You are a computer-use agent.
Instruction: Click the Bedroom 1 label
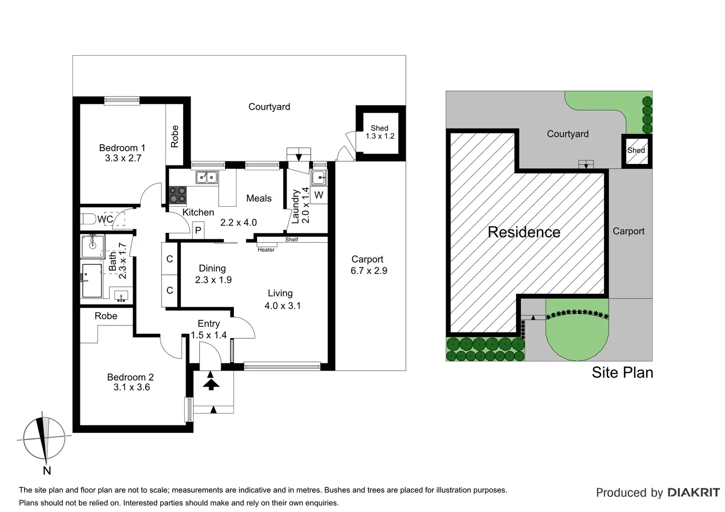(x=122, y=148)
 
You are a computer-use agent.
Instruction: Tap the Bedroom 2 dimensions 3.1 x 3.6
(x=132, y=387)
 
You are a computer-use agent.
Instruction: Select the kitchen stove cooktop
(x=178, y=195)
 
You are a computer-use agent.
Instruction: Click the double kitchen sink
(x=207, y=177)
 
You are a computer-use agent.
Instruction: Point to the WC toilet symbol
(x=88, y=219)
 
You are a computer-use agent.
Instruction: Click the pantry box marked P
(x=198, y=230)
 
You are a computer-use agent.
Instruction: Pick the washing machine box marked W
(x=319, y=195)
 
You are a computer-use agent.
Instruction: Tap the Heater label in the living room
(x=266, y=250)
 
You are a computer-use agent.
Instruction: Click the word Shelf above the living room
(x=292, y=240)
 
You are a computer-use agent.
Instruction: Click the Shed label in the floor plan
(x=380, y=128)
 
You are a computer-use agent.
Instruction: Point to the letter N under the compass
(x=47, y=471)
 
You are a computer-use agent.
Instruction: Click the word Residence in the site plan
(x=524, y=232)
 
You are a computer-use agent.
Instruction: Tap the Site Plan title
(x=623, y=373)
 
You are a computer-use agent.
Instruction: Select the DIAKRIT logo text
(x=694, y=493)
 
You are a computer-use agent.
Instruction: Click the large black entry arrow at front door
(x=211, y=385)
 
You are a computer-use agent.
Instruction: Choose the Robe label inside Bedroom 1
(x=175, y=136)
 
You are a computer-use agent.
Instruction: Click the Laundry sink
(x=319, y=178)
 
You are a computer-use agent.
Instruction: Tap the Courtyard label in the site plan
(x=568, y=134)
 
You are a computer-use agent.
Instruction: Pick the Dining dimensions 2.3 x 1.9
(x=213, y=280)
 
